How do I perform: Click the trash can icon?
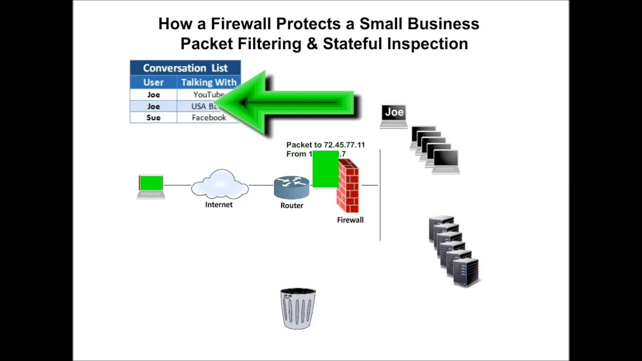[298, 308]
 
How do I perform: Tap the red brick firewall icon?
[348, 186]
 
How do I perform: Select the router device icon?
[291, 187]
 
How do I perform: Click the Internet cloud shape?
[220, 185]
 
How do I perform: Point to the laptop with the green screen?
[151, 186]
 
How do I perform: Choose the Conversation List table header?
[185, 68]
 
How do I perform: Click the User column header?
[153, 82]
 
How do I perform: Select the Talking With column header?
[209, 82]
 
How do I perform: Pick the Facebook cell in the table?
[209, 117]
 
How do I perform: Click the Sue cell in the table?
[153, 117]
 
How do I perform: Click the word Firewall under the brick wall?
[350, 220]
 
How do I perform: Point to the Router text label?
[291, 206]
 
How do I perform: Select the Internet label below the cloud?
[219, 205]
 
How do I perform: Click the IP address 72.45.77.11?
[344, 145]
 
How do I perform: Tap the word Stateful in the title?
[353, 44]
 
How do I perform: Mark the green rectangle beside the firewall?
[325, 169]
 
